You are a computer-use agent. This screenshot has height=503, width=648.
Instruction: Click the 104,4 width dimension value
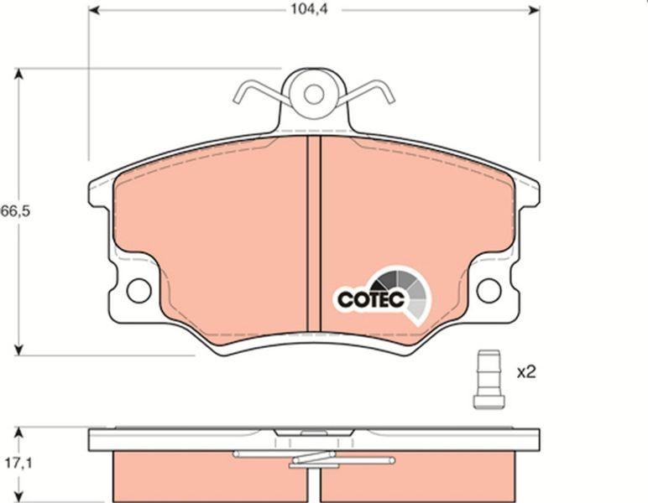[x=309, y=9]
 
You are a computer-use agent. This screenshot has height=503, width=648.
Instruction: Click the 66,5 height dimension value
[x=15, y=211]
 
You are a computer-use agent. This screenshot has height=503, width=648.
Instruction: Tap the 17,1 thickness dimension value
[x=18, y=464]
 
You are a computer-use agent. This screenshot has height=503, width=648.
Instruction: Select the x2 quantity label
[x=526, y=372]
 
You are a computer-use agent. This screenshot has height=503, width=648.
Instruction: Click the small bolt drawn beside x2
[x=489, y=380]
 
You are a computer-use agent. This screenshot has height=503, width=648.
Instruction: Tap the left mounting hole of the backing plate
[x=138, y=291]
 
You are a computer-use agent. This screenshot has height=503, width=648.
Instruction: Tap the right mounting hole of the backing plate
[x=489, y=291]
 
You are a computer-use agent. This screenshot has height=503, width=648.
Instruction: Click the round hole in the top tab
[x=314, y=94]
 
